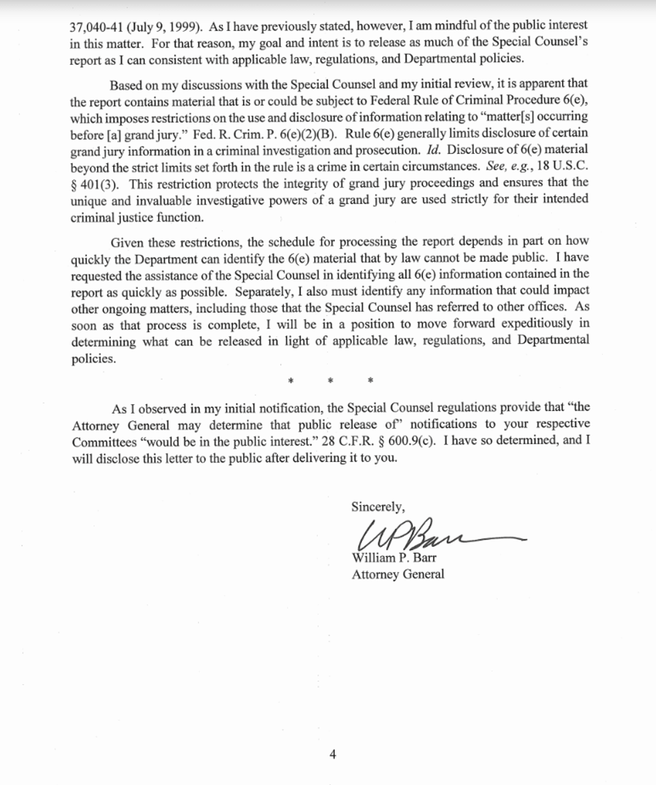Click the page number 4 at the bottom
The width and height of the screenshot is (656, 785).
tap(333, 755)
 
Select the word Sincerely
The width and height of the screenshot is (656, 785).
tap(378, 507)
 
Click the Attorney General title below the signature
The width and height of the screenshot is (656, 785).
tap(398, 574)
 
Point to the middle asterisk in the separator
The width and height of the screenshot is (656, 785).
tap(330, 381)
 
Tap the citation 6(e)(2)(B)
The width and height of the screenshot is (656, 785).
tap(314, 132)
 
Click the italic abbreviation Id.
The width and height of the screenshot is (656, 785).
tap(433, 149)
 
